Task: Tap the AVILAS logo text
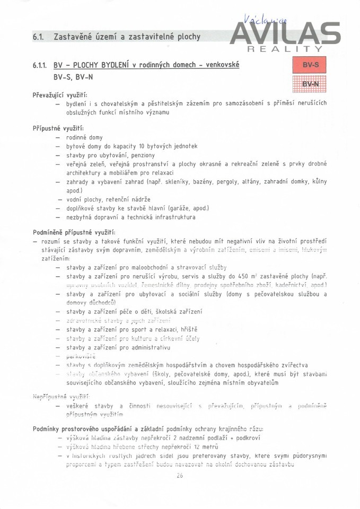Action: coord(286,33)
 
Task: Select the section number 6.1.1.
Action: coord(41,65)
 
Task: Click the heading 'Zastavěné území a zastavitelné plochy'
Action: coord(127,37)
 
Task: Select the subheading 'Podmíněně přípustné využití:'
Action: coord(74,232)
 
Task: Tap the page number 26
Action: coord(180,476)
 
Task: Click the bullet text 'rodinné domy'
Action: coord(84,138)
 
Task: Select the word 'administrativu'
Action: coord(151,347)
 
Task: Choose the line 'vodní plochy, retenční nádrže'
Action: coord(109,199)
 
